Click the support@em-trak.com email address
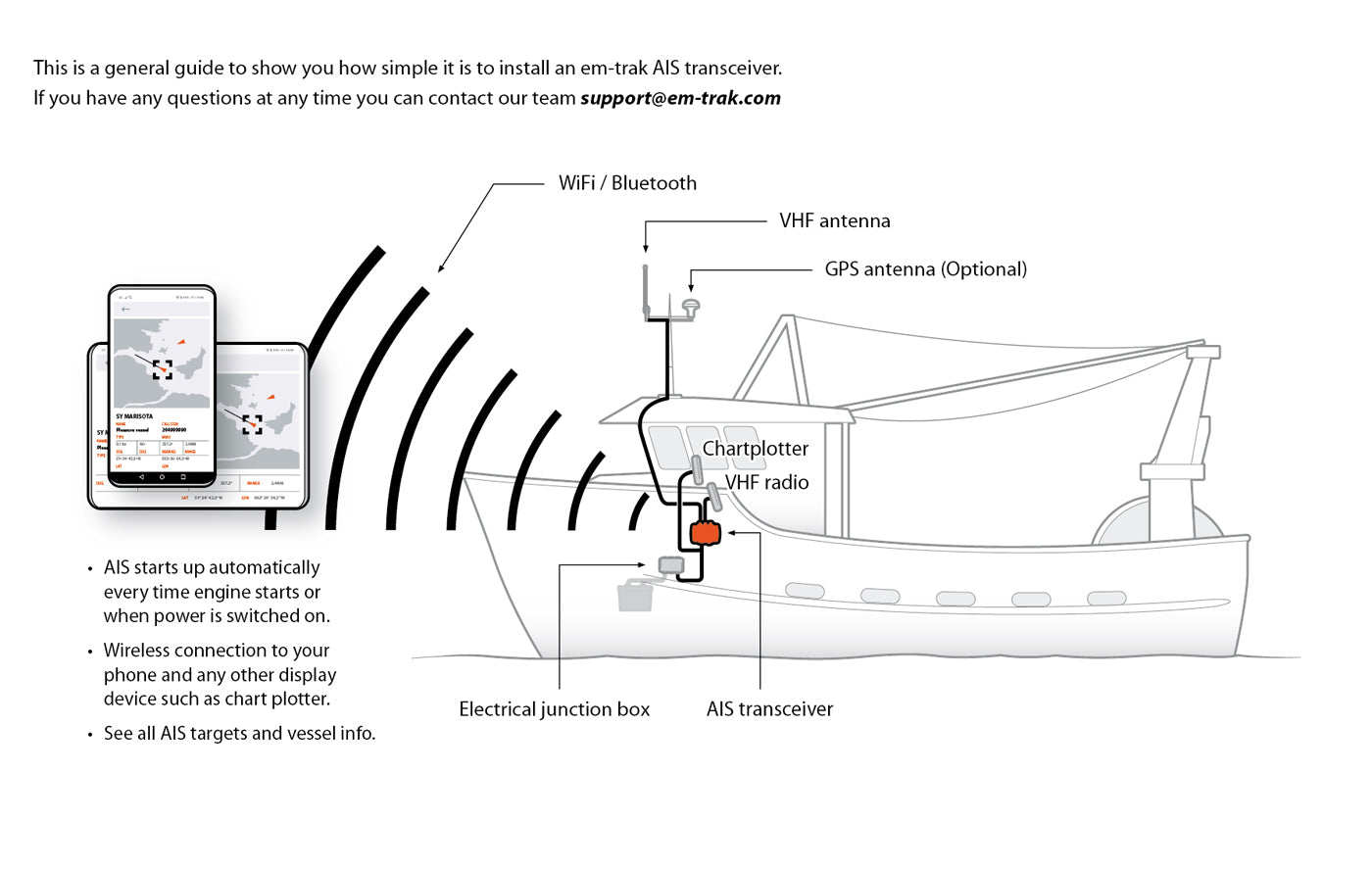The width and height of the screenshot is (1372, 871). [x=680, y=98]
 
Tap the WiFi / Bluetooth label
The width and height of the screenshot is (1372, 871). [x=627, y=183]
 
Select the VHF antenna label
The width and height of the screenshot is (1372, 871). [x=834, y=221]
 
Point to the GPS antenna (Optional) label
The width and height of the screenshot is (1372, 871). [x=925, y=269]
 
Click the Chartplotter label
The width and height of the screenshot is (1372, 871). [x=755, y=449]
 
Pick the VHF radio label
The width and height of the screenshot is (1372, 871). [x=766, y=482]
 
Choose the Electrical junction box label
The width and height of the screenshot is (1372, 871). [x=554, y=709]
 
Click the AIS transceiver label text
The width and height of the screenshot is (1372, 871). [x=769, y=709]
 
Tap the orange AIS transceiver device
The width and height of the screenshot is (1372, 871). [x=705, y=533]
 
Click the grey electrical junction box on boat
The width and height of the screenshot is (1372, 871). [x=671, y=564]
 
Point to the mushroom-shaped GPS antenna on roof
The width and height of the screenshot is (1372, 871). [x=691, y=306]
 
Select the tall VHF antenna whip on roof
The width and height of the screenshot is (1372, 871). [x=646, y=289]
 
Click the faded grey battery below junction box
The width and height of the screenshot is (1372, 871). [x=635, y=595]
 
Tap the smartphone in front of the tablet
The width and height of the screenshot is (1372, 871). [x=162, y=387]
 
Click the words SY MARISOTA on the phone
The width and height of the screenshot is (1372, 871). [x=134, y=416]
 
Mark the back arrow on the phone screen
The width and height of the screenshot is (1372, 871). [x=125, y=310]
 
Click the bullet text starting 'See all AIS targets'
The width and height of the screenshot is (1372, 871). [x=239, y=734]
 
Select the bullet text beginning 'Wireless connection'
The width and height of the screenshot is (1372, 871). [x=220, y=674]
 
